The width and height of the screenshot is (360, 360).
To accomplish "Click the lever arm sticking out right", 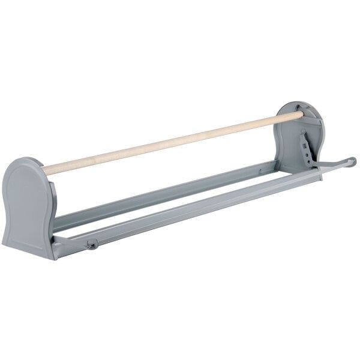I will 333,165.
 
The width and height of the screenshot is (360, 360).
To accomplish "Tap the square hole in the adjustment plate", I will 305,142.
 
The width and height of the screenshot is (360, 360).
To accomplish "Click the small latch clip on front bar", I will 92,244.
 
